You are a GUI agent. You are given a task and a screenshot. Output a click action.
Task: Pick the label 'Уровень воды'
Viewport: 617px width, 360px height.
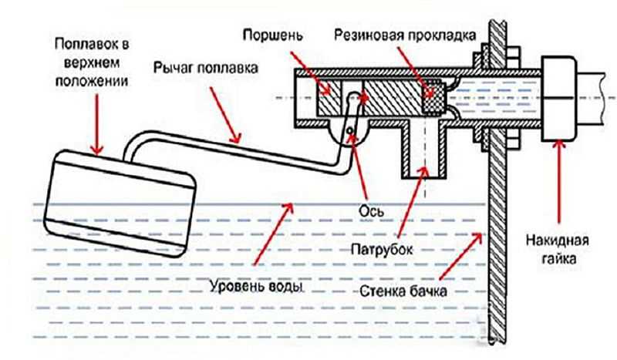coord(255,287)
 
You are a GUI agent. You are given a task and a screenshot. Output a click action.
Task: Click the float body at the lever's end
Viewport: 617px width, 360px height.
coord(120,197)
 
